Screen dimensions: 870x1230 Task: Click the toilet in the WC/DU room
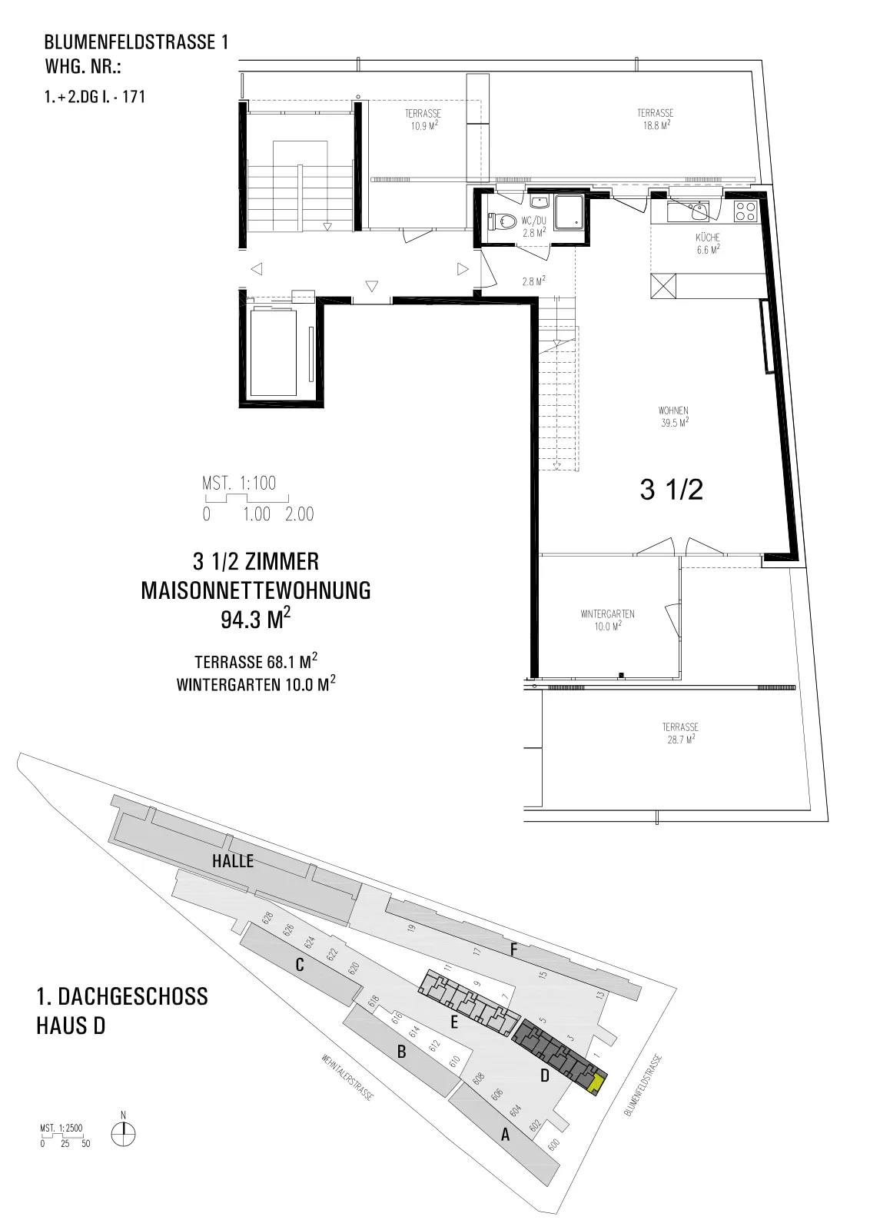click(503, 221)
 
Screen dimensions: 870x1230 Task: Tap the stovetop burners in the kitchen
click(745, 211)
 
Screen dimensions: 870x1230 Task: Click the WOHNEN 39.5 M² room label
click(673, 417)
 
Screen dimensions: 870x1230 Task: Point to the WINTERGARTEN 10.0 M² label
click(607, 620)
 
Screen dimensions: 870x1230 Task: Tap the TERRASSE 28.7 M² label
click(681, 733)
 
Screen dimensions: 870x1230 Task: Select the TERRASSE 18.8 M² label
click(655, 118)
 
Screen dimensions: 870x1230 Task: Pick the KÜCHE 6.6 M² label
click(708, 243)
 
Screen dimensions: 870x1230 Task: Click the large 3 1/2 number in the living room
click(671, 489)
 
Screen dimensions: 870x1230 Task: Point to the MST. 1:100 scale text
click(239, 484)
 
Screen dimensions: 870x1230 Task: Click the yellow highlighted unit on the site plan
click(596, 1082)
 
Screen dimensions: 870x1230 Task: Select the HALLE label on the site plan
click(233, 861)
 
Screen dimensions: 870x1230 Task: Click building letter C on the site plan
click(300, 965)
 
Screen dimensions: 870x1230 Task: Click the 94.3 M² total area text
click(256, 619)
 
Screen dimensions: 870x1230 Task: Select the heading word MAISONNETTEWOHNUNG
click(256, 591)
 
